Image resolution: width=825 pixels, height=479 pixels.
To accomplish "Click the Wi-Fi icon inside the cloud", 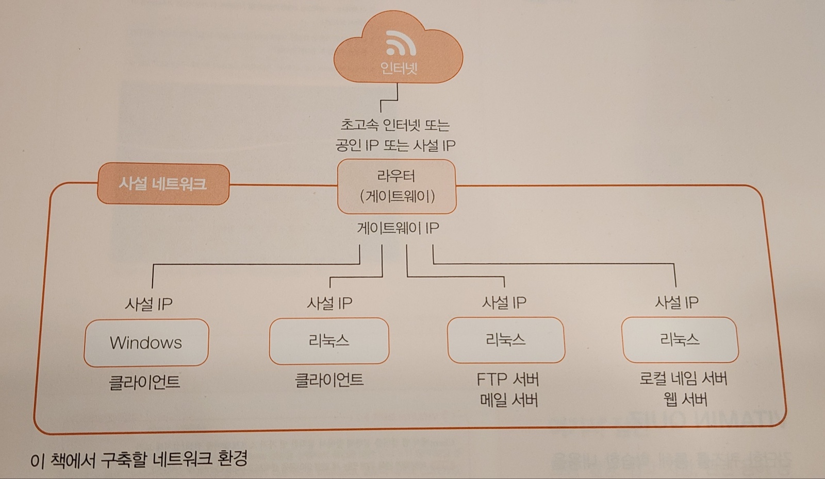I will [401, 43].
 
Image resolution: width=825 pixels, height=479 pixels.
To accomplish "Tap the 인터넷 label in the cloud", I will [398, 68].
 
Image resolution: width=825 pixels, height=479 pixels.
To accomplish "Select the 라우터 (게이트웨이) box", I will [397, 186].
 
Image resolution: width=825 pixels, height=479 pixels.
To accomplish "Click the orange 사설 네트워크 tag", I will [163, 184].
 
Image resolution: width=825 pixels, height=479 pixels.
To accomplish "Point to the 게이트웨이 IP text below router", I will [398, 228].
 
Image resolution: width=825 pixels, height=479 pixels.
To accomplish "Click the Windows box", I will [146, 343].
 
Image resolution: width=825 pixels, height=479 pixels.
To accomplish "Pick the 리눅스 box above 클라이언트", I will [329, 340].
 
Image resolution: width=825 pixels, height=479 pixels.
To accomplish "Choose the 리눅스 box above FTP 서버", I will [506, 340].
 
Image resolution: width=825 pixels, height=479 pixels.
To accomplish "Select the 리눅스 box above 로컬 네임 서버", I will [680, 339].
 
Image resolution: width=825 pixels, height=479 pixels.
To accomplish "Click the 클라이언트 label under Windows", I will [144, 382].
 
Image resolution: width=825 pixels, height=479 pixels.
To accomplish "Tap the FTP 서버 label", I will [507, 380].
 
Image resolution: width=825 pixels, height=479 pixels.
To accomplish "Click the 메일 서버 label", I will [508, 400].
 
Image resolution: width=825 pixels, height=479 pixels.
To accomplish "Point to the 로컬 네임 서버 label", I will [683, 379].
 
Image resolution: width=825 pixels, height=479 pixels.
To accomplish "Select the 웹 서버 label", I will [685, 400].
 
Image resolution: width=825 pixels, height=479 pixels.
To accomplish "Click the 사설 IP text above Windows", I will [148, 304].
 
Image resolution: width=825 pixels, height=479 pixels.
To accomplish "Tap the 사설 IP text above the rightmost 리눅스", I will [676, 302].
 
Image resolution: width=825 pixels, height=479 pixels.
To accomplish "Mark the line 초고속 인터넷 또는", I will [395, 125].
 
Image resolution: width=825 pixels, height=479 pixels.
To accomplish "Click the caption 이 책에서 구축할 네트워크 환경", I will [139, 458].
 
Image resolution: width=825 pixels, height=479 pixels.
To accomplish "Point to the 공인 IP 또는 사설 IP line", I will [395, 145].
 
